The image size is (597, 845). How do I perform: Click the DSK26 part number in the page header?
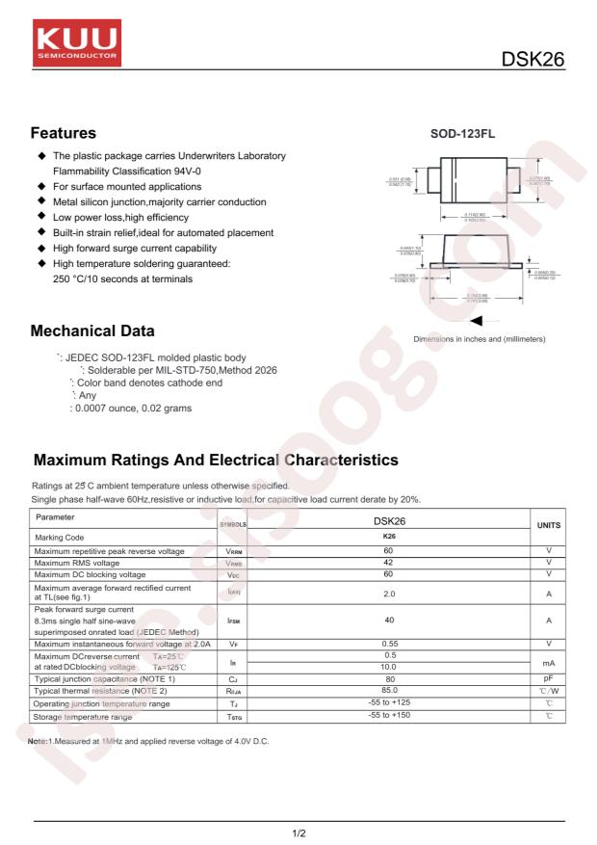pos(532,60)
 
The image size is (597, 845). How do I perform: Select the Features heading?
pos(64,133)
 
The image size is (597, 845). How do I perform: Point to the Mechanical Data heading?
pos(92,331)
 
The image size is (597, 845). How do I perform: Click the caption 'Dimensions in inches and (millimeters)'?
pos(479,339)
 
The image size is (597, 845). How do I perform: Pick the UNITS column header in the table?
pos(548,526)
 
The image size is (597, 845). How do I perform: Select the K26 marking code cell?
pos(389,537)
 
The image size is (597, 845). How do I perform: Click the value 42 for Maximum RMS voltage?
pos(389,562)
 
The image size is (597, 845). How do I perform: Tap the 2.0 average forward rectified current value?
pos(389,594)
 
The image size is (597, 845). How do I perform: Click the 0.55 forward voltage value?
pos(389,643)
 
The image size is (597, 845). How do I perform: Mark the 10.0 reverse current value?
pos(389,667)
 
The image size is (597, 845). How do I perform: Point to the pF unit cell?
pos(548,679)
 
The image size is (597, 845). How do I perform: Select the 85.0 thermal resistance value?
pos(389,691)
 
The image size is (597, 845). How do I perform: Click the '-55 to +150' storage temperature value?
pos(389,716)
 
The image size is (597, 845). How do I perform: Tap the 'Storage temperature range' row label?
pos(83,717)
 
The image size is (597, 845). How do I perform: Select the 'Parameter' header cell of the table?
pos(57,517)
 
